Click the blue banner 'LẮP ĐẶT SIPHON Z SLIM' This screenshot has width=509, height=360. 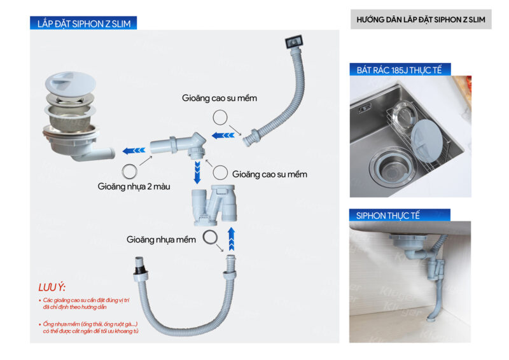pos(83,24)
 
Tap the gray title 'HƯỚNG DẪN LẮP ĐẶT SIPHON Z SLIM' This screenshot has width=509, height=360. pos(421,20)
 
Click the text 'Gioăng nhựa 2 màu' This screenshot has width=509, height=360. pos(127,187)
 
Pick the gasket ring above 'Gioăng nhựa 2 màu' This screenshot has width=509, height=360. pos(129,170)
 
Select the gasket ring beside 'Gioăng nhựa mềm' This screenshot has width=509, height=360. pos(209,238)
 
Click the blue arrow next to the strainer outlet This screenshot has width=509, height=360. pos(132,151)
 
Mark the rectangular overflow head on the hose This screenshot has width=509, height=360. pos(294,43)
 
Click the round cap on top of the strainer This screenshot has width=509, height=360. pos(67,87)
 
